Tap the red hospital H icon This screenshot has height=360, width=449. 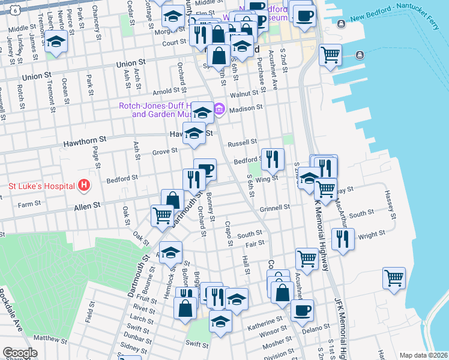[84, 185]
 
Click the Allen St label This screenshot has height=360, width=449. [86, 206]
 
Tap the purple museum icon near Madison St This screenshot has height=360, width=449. [220, 109]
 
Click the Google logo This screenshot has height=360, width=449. [20, 353]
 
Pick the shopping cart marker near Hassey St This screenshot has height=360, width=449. [394, 277]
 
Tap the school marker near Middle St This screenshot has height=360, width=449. [56, 42]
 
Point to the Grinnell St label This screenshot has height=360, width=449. [276, 207]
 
